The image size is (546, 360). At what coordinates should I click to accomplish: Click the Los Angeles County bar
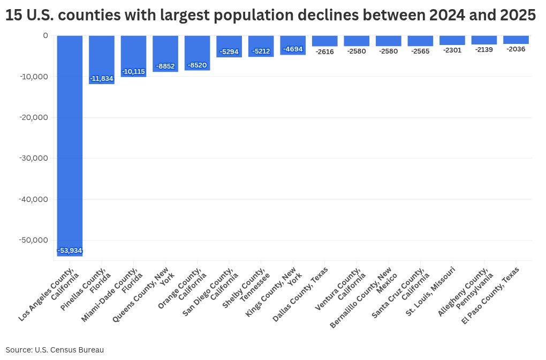tap(70, 145)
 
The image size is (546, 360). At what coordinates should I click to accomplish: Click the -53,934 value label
tap(70, 251)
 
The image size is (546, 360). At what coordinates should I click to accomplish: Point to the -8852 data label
tap(165, 66)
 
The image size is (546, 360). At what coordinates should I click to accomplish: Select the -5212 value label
tap(261, 51)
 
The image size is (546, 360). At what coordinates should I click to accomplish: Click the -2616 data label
tap(324, 51)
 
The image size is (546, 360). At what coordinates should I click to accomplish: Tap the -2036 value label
tap(516, 49)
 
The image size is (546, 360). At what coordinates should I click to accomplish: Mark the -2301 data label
tap(452, 50)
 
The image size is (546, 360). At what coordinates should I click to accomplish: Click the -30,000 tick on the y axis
tap(33, 158)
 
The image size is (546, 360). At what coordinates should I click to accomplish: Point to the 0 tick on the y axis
tap(45, 35)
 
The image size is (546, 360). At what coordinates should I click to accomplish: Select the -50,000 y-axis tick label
tap(33, 240)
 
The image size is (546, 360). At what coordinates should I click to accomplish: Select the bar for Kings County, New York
tap(293, 45)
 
